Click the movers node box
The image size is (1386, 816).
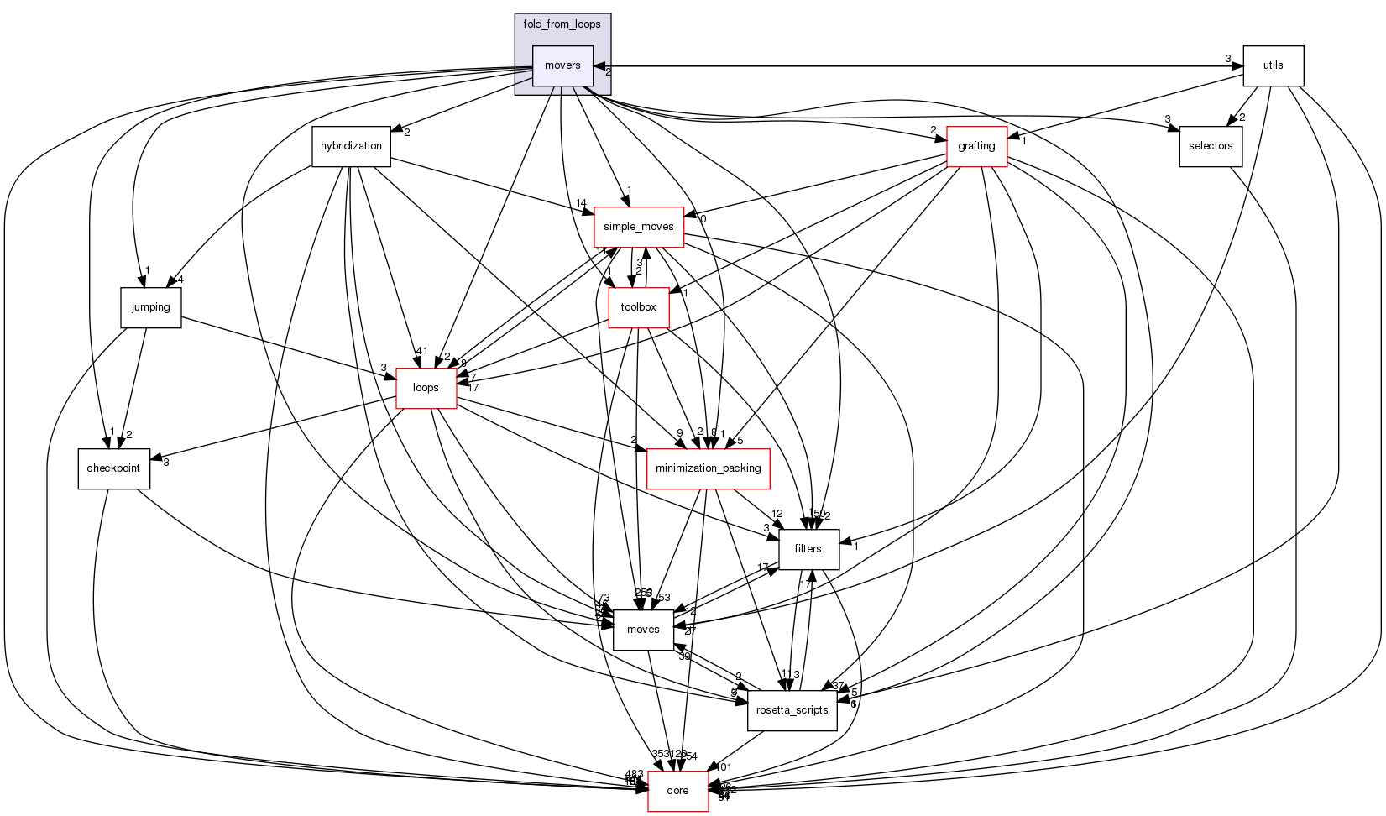[562, 65]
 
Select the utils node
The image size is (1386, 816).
[1273, 65]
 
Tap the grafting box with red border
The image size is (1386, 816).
[976, 146]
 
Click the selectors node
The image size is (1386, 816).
[1210, 146]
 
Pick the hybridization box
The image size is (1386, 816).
[351, 146]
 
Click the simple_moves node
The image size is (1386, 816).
[638, 227]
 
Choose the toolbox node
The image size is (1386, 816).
[638, 307]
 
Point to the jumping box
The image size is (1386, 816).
[150, 307]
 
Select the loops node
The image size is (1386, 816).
[426, 388]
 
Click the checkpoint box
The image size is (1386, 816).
[113, 468]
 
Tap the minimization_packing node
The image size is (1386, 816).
[708, 468]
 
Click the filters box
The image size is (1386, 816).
[808, 549]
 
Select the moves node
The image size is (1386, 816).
[643, 630]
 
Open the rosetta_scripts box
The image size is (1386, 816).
[792, 710]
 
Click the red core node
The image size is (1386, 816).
[677, 791]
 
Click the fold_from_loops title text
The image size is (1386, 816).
[562, 24]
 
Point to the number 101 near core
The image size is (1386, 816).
[724, 766]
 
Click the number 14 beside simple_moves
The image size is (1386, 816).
[581, 204]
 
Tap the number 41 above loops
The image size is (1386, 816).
[421, 351]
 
